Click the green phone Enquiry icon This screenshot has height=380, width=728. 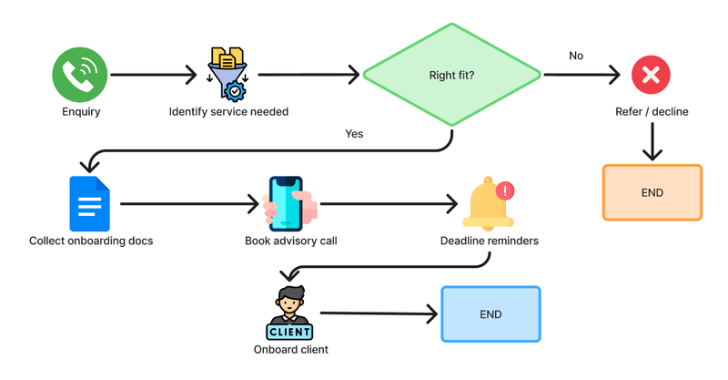click(x=80, y=75)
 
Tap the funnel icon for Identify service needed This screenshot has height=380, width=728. click(x=227, y=74)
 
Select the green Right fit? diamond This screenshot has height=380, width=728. click(x=451, y=75)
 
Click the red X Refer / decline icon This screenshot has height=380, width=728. click(x=651, y=75)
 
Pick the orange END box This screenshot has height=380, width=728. click(x=652, y=192)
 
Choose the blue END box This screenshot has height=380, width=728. click(x=490, y=314)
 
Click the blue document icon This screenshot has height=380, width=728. click(x=89, y=204)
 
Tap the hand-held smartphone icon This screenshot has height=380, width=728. click(x=289, y=204)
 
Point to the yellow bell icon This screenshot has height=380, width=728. click(x=488, y=204)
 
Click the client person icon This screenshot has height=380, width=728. click(x=289, y=313)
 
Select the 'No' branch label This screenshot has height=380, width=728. click(x=576, y=56)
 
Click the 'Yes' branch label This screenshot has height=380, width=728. click(x=354, y=134)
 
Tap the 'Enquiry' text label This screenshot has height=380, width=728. click(x=81, y=112)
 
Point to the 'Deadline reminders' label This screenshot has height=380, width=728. click(x=490, y=241)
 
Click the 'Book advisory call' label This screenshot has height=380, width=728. click(x=291, y=241)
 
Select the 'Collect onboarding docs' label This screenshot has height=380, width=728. click(x=91, y=241)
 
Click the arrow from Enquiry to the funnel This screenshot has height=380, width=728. click(x=154, y=75)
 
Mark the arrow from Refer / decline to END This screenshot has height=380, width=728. click(x=652, y=141)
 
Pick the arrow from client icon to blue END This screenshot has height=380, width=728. click(x=379, y=313)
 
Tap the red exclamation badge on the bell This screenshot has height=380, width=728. click(x=505, y=190)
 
